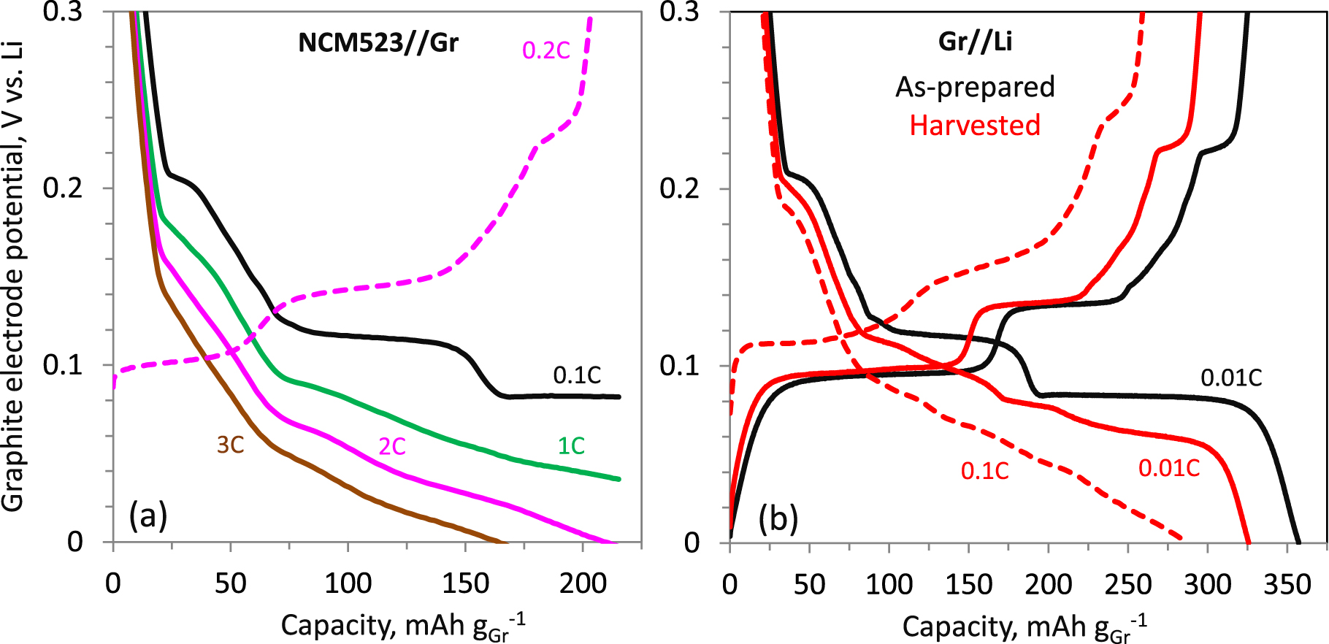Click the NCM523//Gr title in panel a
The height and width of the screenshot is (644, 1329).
[378, 42]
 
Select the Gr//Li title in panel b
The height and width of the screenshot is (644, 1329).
[975, 41]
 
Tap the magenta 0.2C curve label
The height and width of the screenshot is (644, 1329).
[545, 50]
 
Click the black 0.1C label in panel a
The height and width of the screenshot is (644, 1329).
[576, 375]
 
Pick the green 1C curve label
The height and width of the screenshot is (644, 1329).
[571, 446]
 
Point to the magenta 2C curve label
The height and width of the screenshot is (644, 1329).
[391, 446]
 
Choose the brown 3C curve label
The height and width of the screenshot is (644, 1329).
[230, 445]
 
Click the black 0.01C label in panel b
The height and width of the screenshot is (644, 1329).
[1231, 377]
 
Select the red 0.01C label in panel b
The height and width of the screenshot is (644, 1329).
[1169, 468]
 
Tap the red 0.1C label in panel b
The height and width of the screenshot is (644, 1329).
[984, 472]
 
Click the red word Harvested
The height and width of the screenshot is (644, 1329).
[974, 126]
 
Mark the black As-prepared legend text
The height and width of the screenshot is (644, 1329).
[975, 87]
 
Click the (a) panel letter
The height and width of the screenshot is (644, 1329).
[148, 515]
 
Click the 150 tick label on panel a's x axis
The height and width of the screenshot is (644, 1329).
[465, 584]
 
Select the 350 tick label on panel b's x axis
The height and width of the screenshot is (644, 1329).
[1287, 585]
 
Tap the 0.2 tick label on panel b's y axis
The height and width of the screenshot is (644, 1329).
[679, 188]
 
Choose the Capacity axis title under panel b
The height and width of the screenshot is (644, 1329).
[1024, 626]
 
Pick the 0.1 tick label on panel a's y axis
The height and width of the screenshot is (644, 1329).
[63, 365]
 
